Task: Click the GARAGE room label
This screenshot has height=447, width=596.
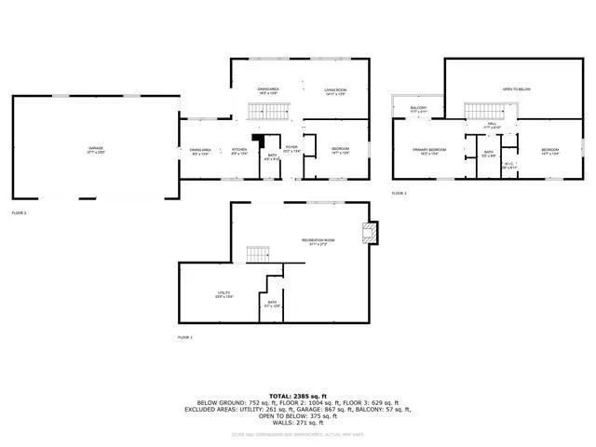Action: click(x=96, y=148)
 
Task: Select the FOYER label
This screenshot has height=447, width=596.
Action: click(x=291, y=147)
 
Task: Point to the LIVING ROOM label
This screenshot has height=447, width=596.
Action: click(x=334, y=89)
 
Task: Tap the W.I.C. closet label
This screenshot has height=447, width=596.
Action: click(x=508, y=166)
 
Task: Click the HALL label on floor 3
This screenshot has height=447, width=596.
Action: click(x=492, y=123)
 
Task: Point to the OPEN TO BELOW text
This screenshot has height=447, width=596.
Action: click(x=515, y=89)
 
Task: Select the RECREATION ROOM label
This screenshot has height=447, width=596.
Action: click(x=318, y=241)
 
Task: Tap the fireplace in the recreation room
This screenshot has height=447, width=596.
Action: click(x=372, y=233)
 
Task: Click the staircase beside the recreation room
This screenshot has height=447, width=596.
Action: click(x=255, y=254)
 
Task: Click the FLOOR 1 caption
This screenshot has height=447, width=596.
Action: click(x=184, y=336)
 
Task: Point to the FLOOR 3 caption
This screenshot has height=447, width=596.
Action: click(x=399, y=193)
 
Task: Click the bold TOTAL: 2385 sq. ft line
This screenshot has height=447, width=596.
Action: click(x=298, y=395)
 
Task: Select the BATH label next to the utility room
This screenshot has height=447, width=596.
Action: click(x=273, y=302)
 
